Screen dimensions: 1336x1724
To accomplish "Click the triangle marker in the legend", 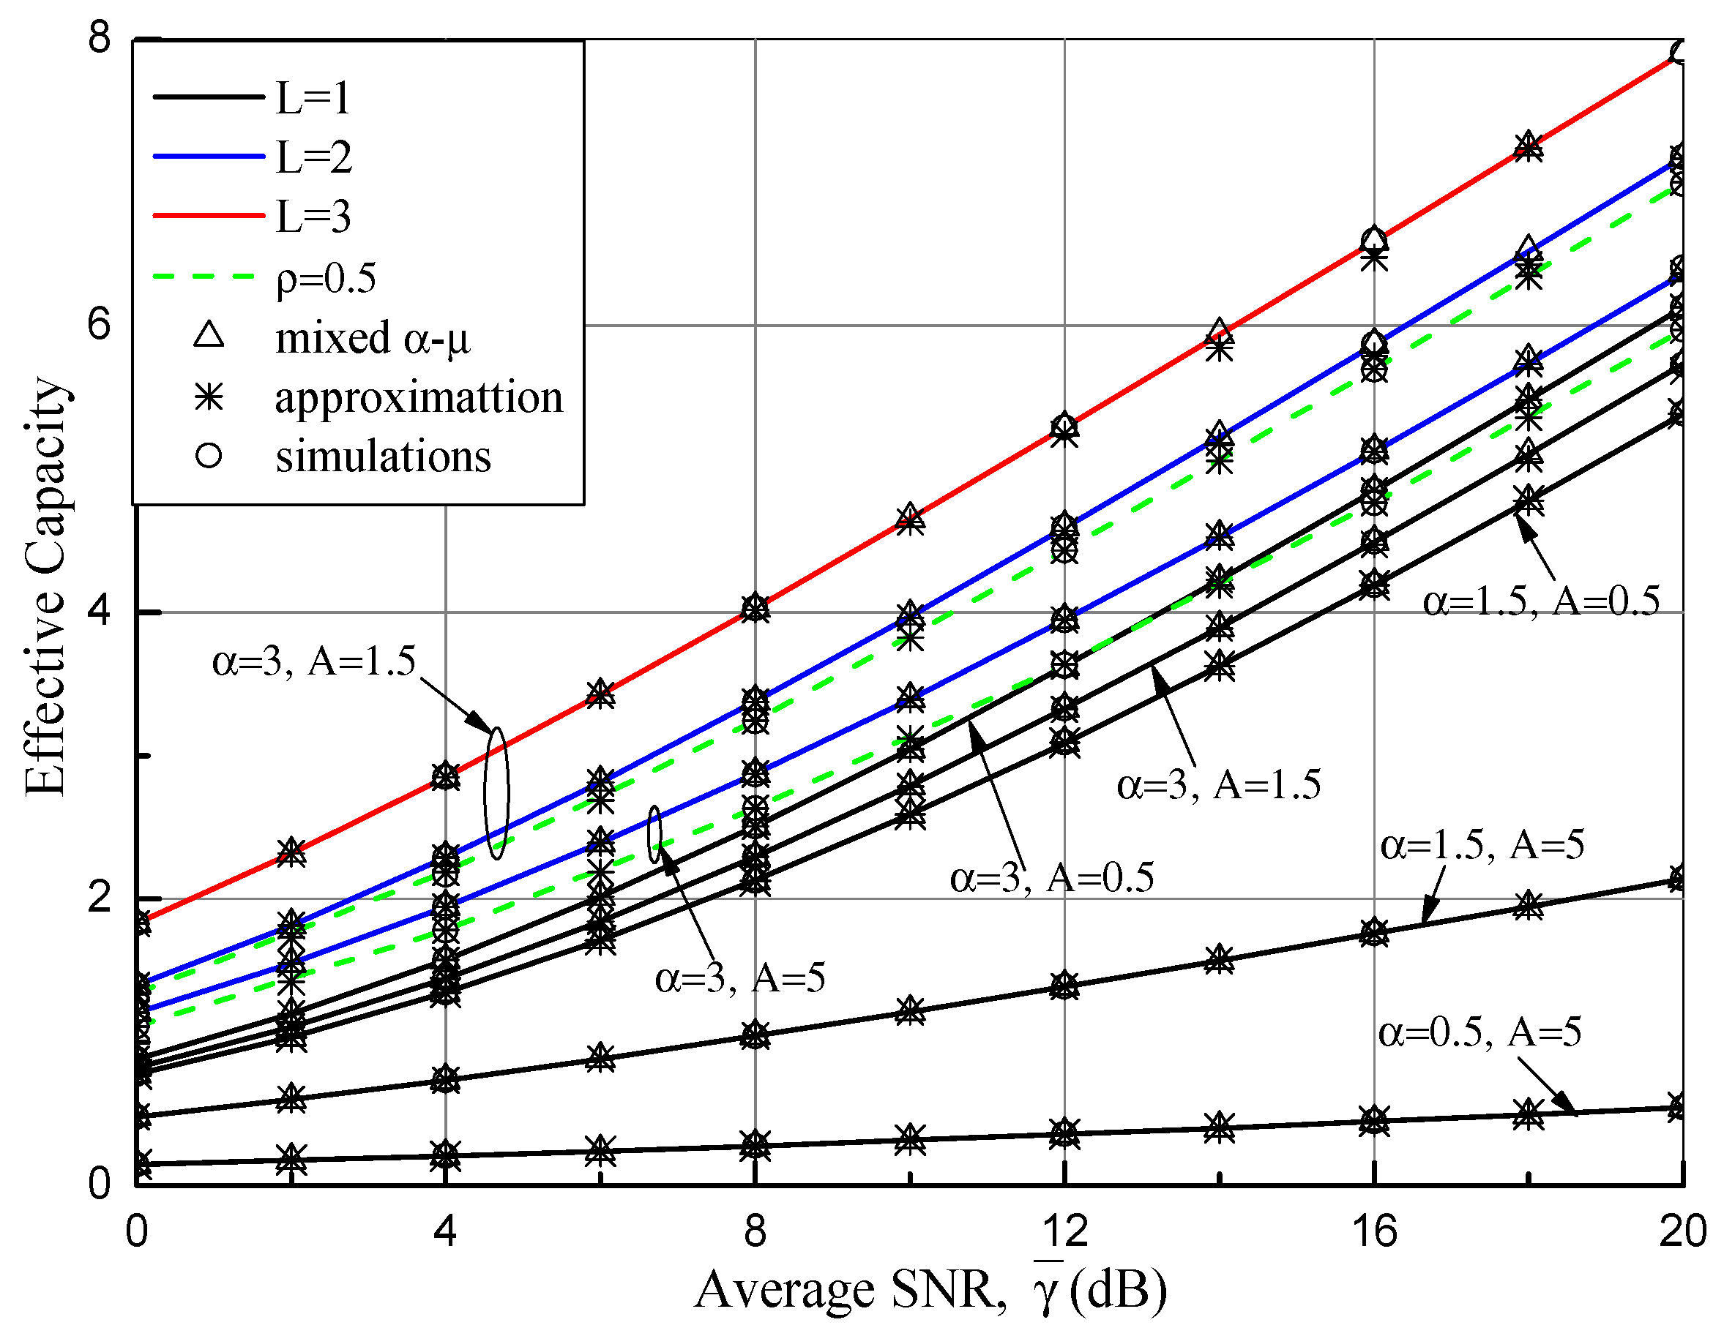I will (x=209, y=334).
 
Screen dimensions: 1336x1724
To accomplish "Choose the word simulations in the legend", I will (x=383, y=456).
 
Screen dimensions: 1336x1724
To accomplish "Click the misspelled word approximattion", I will (x=418, y=397).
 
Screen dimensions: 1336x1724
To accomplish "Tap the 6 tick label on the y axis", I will (x=100, y=323).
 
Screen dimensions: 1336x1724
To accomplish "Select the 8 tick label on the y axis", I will (x=100, y=37).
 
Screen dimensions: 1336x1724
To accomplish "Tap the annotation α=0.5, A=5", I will (x=1479, y=1032).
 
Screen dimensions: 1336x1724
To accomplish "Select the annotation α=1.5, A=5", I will (x=1482, y=845).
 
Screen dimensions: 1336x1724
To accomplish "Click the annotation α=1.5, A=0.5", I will (x=1541, y=601).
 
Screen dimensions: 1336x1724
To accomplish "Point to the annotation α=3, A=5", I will (x=739, y=978).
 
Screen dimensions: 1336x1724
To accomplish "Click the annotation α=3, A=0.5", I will (x=1051, y=877).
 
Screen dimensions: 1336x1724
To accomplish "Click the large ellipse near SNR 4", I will (x=496, y=793).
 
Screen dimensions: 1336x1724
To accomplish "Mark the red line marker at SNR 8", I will (x=755, y=607).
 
